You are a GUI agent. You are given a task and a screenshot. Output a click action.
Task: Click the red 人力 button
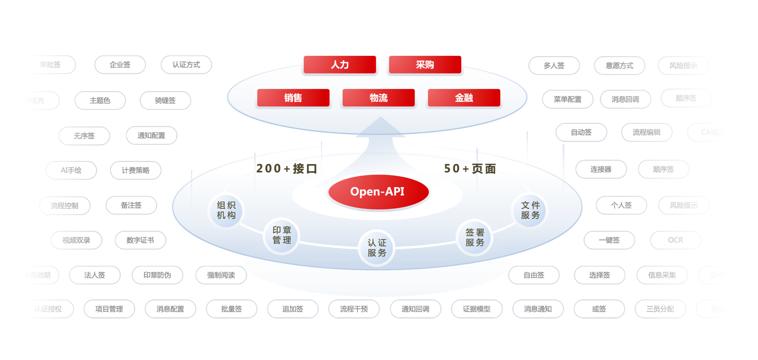(340, 65)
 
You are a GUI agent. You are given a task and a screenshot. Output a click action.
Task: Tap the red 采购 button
(425, 65)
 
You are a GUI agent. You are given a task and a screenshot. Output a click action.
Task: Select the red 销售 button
(293, 98)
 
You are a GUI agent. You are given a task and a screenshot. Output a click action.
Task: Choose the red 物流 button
(379, 98)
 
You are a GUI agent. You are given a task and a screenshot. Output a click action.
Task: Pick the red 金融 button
(464, 98)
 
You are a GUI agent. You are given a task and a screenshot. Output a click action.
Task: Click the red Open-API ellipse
(378, 191)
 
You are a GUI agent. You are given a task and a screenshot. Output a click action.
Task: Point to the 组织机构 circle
(226, 210)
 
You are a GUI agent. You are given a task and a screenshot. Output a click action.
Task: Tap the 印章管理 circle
(282, 235)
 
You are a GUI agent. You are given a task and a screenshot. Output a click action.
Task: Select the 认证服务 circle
(377, 248)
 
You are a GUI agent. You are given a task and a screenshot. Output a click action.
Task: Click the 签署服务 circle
(475, 237)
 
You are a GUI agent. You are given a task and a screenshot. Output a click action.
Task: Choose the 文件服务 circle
(530, 210)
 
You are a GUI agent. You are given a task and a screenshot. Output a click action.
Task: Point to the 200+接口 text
(287, 168)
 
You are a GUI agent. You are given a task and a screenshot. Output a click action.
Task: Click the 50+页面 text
(470, 168)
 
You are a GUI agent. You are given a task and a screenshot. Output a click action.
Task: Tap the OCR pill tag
(676, 240)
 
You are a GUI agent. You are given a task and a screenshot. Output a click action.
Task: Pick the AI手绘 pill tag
(71, 170)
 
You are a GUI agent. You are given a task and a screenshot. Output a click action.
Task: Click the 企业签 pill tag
(120, 65)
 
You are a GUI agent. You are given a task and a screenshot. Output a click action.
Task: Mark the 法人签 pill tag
(95, 275)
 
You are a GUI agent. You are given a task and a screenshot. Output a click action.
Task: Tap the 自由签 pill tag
(534, 275)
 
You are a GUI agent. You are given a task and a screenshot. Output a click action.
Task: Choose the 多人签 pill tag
(554, 66)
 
